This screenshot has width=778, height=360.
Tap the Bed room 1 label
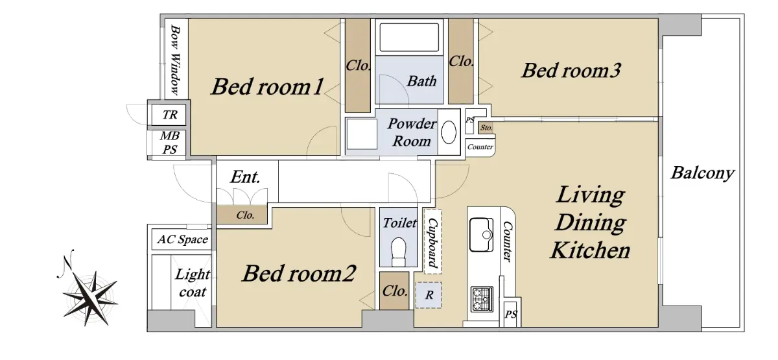click(268, 86)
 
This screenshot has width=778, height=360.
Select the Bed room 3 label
click(571, 71)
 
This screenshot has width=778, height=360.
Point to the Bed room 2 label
click(299, 274)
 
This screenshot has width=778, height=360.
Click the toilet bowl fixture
click(398, 252)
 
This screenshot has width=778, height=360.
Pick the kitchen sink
click(481, 235)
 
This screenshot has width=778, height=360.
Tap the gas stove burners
click(482, 299)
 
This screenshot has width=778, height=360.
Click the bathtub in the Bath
click(409, 38)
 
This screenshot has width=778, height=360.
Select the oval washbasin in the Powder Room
click(449, 132)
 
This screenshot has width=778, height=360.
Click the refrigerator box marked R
click(429, 295)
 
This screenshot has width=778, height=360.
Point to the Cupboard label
click(433, 242)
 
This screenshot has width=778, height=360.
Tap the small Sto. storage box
click(486, 128)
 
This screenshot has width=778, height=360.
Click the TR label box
click(169, 115)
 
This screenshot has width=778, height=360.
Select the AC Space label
click(182, 239)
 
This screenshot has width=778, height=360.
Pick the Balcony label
click(702, 173)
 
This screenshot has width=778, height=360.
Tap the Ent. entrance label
click(245, 177)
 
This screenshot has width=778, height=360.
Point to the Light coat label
click(192, 283)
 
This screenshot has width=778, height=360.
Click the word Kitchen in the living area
click(590, 250)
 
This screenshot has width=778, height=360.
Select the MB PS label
click(170, 143)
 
